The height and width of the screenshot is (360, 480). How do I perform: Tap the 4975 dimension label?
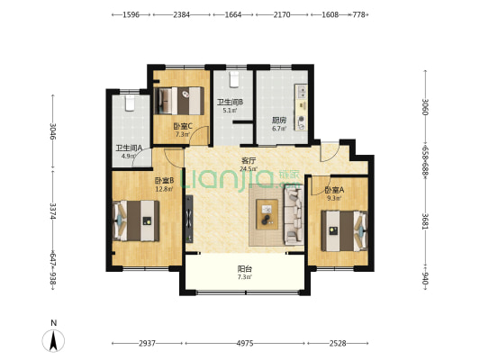(245, 344)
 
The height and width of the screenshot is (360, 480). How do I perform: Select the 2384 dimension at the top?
(182, 14)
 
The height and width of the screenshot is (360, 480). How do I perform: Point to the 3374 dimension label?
(53, 211)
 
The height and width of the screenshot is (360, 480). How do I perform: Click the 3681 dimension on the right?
(425, 221)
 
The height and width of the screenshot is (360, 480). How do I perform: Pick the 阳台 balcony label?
(245, 269)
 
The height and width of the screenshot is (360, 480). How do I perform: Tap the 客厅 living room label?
(249, 160)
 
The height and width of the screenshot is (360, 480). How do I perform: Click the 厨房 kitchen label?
(279, 121)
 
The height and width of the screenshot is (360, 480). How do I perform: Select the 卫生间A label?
(129, 148)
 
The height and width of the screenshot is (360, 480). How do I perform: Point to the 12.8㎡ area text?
(165, 189)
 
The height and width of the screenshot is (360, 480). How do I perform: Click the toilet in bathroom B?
(234, 79)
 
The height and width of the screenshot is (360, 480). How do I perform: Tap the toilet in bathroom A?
(130, 103)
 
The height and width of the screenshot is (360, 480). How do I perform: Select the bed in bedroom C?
(179, 101)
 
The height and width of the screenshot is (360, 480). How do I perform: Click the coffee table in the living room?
(267, 214)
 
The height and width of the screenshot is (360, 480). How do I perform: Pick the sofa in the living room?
(294, 216)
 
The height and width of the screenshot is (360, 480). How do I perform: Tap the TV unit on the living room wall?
(189, 219)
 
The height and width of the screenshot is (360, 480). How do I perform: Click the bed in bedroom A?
(344, 231)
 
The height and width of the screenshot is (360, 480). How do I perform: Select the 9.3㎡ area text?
(334, 198)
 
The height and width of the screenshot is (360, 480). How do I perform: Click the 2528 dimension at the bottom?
(338, 344)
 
